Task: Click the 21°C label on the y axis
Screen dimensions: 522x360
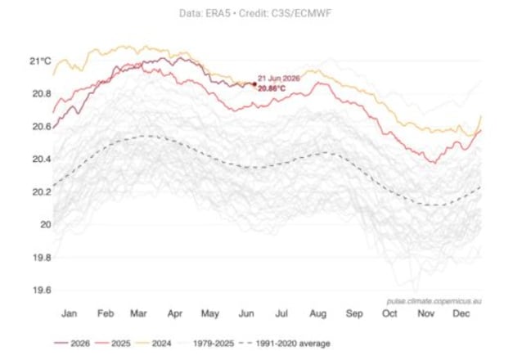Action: click(x=40, y=61)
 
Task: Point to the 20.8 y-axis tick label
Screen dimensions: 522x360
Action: click(x=42, y=93)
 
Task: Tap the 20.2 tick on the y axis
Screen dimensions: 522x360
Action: click(x=42, y=192)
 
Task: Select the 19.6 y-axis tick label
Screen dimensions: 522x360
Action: click(x=42, y=290)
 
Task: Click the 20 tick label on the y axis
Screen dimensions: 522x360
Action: click(x=46, y=224)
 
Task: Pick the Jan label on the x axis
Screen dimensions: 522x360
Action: click(x=70, y=313)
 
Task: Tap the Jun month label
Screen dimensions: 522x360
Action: click(x=246, y=313)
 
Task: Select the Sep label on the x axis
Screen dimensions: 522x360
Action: click(x=354, y=313)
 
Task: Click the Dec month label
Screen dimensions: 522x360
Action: click(x=461, y=313)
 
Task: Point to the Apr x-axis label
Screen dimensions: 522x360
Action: click(x=175, y=313)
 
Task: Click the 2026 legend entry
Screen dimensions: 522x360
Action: click(x=72, y=344)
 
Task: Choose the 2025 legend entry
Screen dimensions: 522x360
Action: click(x=113, y=344)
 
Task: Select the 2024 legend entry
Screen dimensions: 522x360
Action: click(x=154, y=344)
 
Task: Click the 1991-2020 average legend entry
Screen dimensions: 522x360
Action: click(x=285, y=344)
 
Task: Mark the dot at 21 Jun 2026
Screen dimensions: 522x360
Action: click(x=254, y=84)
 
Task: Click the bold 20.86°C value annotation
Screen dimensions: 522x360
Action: click(x=272, y=89)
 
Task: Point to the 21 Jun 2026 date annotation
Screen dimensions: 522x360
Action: click(x=279, y=79)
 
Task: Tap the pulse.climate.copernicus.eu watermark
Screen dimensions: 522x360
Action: click(x=434, y=301)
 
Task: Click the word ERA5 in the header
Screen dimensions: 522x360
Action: click(x=217, y=13)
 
